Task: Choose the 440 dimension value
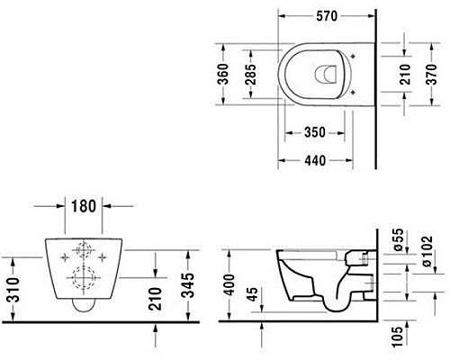(x=315, y=160)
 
